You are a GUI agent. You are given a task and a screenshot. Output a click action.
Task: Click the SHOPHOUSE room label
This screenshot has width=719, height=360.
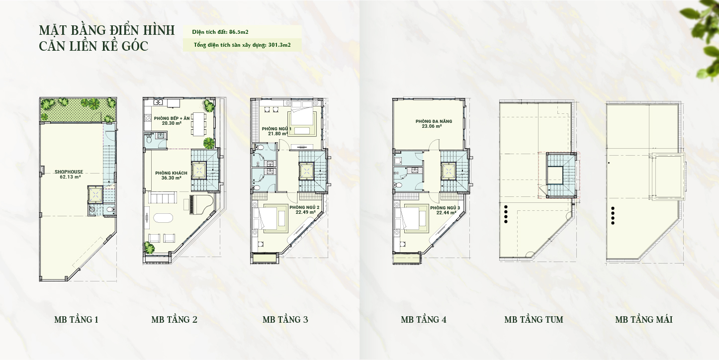pos(69,172)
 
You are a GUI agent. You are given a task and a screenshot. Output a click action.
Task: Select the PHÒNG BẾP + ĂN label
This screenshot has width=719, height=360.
pos(172,118)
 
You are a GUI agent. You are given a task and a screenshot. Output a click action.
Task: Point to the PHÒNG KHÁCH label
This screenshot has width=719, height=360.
pos(171,173)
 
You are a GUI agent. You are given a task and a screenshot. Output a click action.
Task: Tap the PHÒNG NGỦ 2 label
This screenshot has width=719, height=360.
pos(302,207)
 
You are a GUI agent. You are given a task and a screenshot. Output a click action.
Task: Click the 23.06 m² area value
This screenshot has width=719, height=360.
pos(432,126)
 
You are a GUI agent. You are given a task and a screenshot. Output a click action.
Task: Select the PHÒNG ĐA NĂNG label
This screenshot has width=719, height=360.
pos(434,121)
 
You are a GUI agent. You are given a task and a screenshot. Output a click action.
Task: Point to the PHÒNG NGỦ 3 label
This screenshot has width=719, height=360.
pos(445,208)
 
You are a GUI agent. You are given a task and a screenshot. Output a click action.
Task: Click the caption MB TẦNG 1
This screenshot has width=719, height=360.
pos(77,320)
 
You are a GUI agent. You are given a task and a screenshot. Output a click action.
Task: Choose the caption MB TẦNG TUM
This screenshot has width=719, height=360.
pos(534,320)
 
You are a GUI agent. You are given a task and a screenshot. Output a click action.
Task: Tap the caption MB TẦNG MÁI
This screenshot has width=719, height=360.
pos(643,320)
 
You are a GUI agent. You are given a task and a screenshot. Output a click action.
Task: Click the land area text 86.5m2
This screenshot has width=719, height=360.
pos(239,32)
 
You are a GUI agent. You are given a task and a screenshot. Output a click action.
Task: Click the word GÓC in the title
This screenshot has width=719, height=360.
pos(135,46)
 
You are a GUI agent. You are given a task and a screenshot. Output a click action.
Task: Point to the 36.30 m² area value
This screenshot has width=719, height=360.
pos(172,178)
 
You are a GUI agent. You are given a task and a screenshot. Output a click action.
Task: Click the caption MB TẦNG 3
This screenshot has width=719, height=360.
pos(285,320)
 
